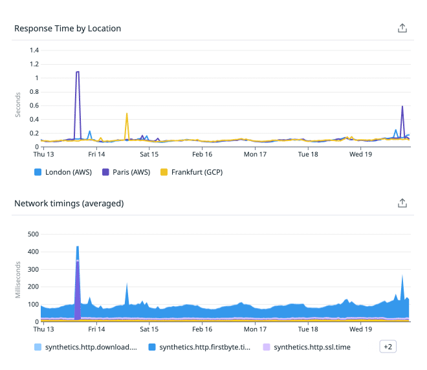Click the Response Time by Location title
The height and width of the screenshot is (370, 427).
pos(67,28)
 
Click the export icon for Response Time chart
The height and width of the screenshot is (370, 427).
pos(402,28)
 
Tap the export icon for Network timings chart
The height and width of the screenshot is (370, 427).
pos(402,203)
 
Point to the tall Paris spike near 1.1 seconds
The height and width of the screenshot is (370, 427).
pos(78,72)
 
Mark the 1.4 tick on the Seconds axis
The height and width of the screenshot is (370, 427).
pos(34,50)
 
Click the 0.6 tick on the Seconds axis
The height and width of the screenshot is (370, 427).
pos(34,105)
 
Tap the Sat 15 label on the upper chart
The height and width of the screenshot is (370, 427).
pos(149,155)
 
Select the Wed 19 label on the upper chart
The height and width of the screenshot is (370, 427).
pos(360,155)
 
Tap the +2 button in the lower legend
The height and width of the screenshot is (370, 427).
pos(388,347)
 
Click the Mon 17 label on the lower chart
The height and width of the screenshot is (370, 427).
pos(255,329)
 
